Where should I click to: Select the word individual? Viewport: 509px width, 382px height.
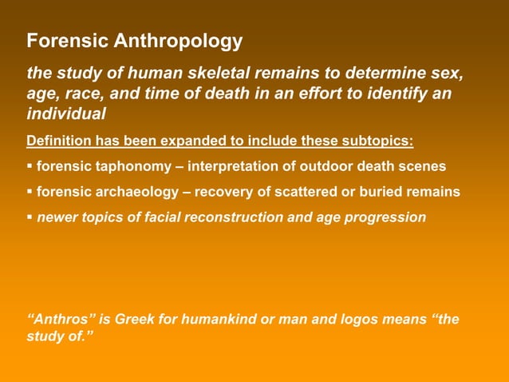66,114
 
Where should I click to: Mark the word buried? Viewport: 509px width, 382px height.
385,192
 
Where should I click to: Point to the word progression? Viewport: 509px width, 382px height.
385,217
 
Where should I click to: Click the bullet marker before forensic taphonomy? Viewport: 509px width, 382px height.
30,167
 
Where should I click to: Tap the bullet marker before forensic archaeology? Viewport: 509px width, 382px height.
30,192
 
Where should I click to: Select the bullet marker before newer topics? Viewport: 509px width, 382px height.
30,217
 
